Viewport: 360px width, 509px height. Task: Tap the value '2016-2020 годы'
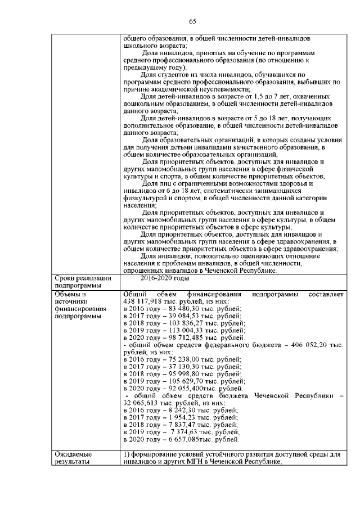pos(164,278)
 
